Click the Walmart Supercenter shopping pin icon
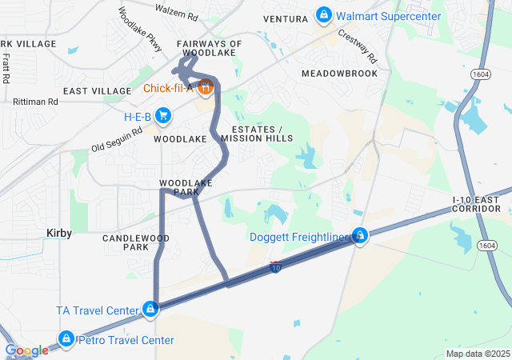[324, 14]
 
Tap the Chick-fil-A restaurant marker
[205, 86]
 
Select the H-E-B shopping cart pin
[163, 116]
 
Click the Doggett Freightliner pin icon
[361, 236]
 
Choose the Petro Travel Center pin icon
[66, 339]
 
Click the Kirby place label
[58, 234]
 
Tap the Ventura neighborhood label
[285, 18]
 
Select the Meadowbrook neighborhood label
[339, 73]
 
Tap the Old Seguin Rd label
[117, 140]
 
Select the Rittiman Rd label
[36, 102]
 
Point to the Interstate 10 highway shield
[276, 266]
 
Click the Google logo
[26, 350]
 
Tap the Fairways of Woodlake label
[210, 48]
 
